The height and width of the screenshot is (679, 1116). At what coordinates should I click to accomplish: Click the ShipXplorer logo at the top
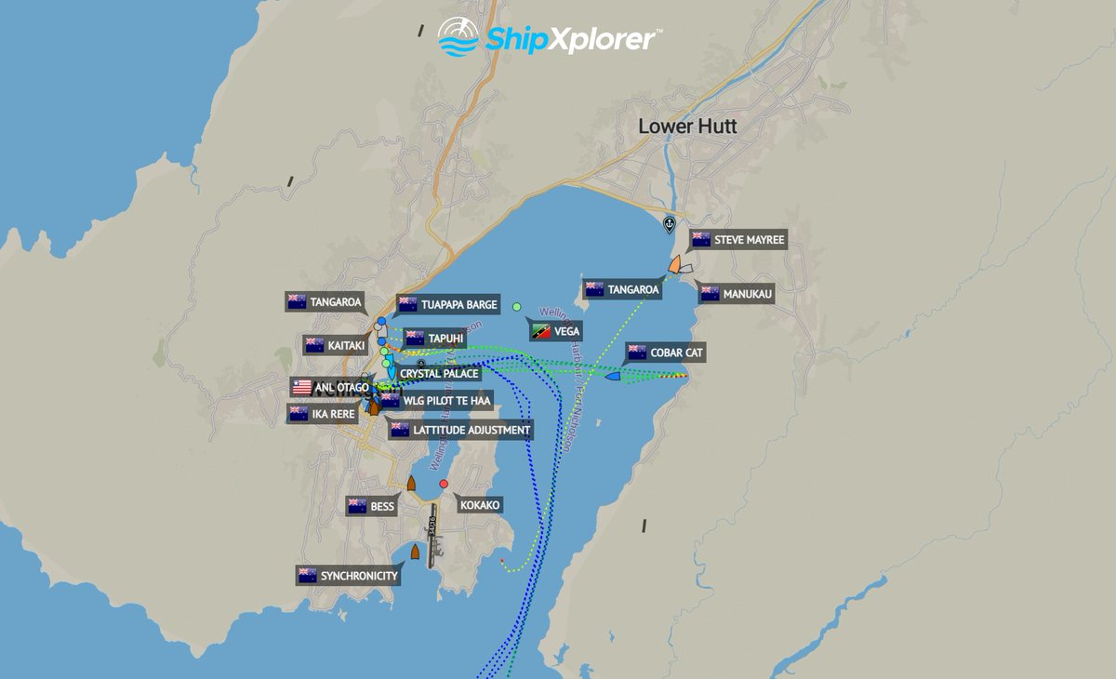pos(551,37)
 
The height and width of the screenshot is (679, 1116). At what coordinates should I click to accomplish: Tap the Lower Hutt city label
pos(687,126)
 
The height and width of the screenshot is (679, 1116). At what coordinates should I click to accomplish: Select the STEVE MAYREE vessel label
pos(738,240)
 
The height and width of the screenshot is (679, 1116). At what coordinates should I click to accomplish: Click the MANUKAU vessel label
pos(737,294)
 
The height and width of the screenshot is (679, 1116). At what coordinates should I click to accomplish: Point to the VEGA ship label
pos(556,331)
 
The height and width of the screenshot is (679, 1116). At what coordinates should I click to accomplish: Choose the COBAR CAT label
pos(665,353)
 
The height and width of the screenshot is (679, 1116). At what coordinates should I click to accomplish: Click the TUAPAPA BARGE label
pos(449,304)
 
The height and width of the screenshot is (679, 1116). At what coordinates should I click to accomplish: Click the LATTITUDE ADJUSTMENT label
pos(461,430)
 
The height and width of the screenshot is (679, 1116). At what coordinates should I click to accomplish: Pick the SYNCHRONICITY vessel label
pos(349,576)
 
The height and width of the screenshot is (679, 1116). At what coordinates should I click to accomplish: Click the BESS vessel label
pos(371,507)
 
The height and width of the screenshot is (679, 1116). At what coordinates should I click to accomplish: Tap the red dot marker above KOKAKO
pos(444,484)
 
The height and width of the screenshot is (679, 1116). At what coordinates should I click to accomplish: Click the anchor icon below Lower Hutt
pos(668,224)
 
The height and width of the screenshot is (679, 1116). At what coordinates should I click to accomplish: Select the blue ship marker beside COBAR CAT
pos(613,376)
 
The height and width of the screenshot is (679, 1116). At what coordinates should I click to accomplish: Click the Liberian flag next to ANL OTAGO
pos(302,387)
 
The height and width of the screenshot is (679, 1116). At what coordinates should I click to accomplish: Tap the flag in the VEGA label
pos(539,331)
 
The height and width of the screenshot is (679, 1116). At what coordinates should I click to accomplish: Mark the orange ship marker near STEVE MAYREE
pos(674,265)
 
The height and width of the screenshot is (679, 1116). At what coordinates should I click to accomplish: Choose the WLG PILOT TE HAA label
pos(435,400)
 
